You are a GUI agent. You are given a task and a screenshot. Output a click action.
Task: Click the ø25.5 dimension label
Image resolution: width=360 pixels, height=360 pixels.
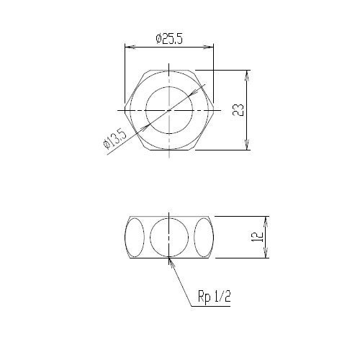pyautogui.click(x=169, y=39)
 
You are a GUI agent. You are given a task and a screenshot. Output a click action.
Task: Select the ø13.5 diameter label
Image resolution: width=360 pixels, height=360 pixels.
pyautogui.click(x=114, y=139)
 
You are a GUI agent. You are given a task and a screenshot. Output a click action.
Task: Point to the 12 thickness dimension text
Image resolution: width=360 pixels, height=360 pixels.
pyautogui.click(x=257, y=237)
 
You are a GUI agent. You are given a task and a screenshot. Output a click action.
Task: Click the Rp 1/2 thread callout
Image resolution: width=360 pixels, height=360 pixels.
pyautogui.click(x=214, y=297)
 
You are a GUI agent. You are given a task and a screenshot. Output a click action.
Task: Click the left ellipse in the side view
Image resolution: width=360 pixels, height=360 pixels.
pyautogui.click(x=135, y=237)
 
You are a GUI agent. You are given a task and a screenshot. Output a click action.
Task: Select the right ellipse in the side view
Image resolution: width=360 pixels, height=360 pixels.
pyautogui.click(x=204, y=237)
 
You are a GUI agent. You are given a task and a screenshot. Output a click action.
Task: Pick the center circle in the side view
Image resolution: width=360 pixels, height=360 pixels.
pyautogui.click(x=169, y=237)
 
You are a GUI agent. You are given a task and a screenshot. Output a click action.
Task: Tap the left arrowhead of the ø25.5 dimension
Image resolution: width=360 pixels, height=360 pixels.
pyautogui.click(x=130, y=47)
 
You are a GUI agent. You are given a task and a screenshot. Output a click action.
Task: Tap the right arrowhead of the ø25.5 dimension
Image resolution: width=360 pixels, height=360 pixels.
pyautogui.click(x=208, y=47)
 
